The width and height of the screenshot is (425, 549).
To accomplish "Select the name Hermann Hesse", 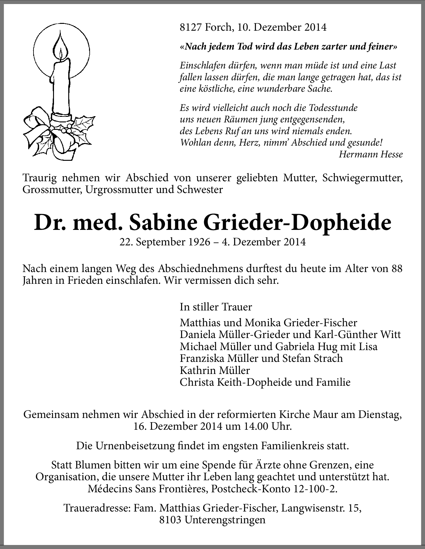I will point(371,154).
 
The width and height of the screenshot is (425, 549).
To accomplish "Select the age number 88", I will point(397,268).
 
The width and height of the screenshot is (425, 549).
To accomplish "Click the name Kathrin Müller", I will point(215,370).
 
